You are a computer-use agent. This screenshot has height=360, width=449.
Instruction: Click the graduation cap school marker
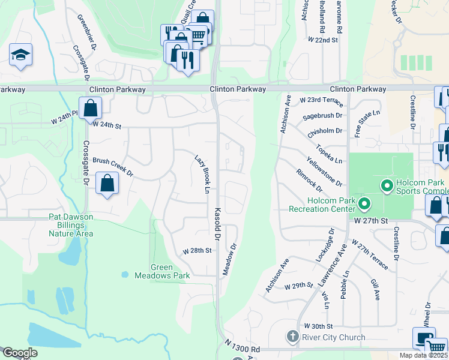[x=21, y=55]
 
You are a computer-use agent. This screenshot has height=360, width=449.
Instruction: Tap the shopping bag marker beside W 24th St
[x=90, y=109]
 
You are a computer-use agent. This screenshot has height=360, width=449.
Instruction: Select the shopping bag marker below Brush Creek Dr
[x=107, y=184]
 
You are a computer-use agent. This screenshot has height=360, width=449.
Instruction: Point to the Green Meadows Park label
[x=170, y=271]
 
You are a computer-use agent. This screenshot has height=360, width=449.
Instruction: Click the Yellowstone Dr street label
[x=324, y=172]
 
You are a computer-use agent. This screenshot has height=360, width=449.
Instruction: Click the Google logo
[x=20, y=353]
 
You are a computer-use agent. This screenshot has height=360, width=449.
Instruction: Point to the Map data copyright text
[x=424, y=355]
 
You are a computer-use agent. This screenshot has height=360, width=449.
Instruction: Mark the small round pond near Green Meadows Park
[x=124, y=275]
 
